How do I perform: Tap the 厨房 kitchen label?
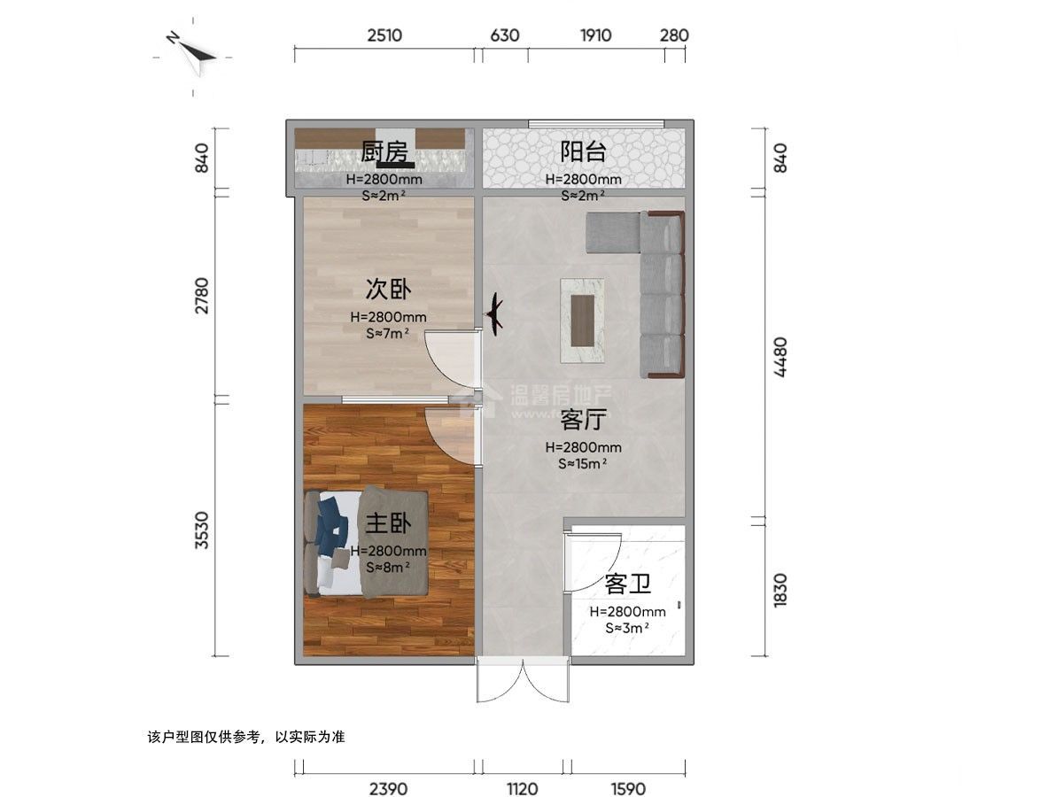pyautogui.click(x=384, y=152)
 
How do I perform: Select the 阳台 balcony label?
pyautogui.click(x=583, y=151)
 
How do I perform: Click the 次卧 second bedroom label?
pyautogui.click(x=388, y=290)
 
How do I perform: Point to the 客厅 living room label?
pyautogui.click(x=583, y=420)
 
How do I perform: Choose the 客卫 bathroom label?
pyautogui.click(x=627, y=584)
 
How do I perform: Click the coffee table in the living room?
pyautogui.click(x=583, y=320)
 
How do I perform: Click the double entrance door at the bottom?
pyautogui.click(x=522, y=680)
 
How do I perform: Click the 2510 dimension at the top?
pyautogui.click(x=384, y=35)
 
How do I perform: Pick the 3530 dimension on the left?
pyautogui.click(x=202, y=530)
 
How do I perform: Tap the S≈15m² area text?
pyautogui.click(x=582, y=463)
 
